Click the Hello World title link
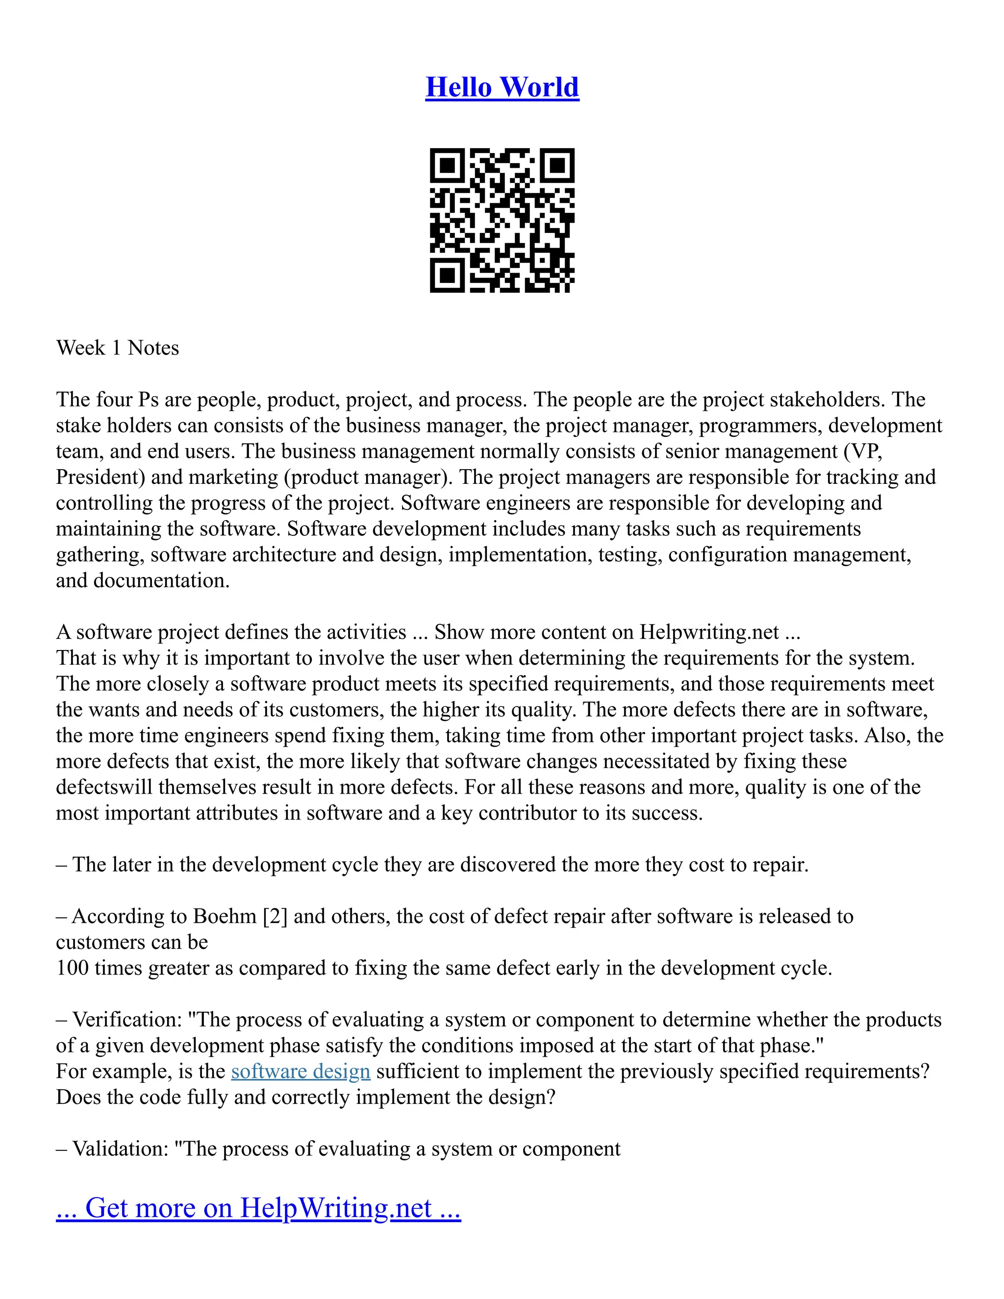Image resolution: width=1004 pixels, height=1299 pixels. coord(502,87)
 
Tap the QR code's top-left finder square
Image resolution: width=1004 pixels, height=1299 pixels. coord(447,165)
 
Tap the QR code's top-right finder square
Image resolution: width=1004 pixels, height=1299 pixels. coord(557,165)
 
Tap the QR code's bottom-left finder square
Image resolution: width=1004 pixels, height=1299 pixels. coord(447,275)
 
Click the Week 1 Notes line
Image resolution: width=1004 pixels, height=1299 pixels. coord(117,348)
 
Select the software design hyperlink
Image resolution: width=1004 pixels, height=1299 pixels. coord(301,1071)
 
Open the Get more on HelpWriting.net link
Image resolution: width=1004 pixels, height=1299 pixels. coord(258,1208)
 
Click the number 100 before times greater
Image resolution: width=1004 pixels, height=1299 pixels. coord(72,968)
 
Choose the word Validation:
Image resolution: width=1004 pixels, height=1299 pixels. coord(121,1149)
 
